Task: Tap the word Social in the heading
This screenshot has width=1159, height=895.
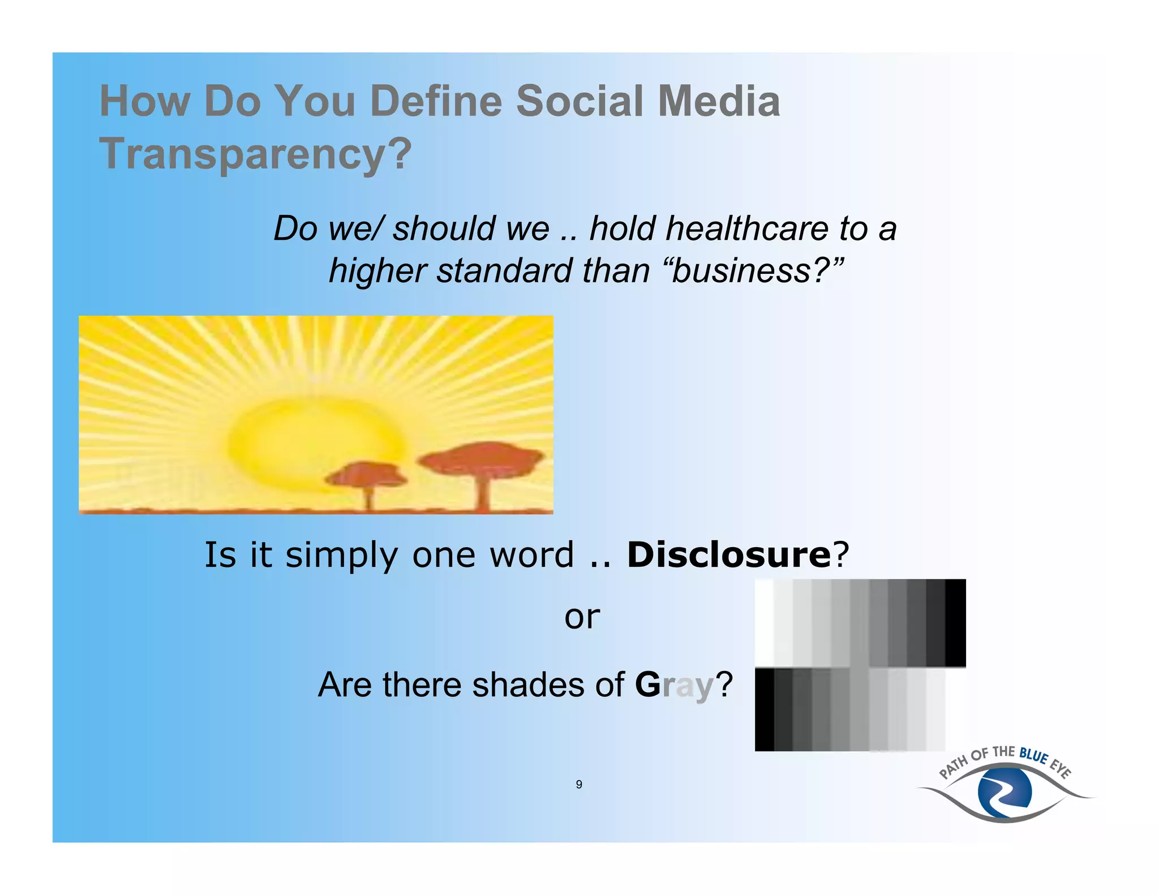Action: pyautogui.click(x=579, y=101)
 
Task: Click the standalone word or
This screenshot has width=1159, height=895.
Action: pyautogui.click(x=582, y=617)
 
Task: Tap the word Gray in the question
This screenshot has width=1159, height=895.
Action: pyautogui.click(x=673, y=685)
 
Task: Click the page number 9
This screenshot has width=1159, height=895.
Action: pyautogui.click(x=579, y=784)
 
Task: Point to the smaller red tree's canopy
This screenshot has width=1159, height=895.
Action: pyautogui.click(x=368, y=474)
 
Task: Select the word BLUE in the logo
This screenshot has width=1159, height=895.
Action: pyautogui.click(x=1033, y=755)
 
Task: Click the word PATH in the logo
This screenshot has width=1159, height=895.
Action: pyautogui.click(x=954, y=768)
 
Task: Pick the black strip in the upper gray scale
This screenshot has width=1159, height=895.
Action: pyautogui.click(x=955, y=622)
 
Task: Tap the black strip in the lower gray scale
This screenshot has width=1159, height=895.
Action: pyautogui.click(x=764, y=709)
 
